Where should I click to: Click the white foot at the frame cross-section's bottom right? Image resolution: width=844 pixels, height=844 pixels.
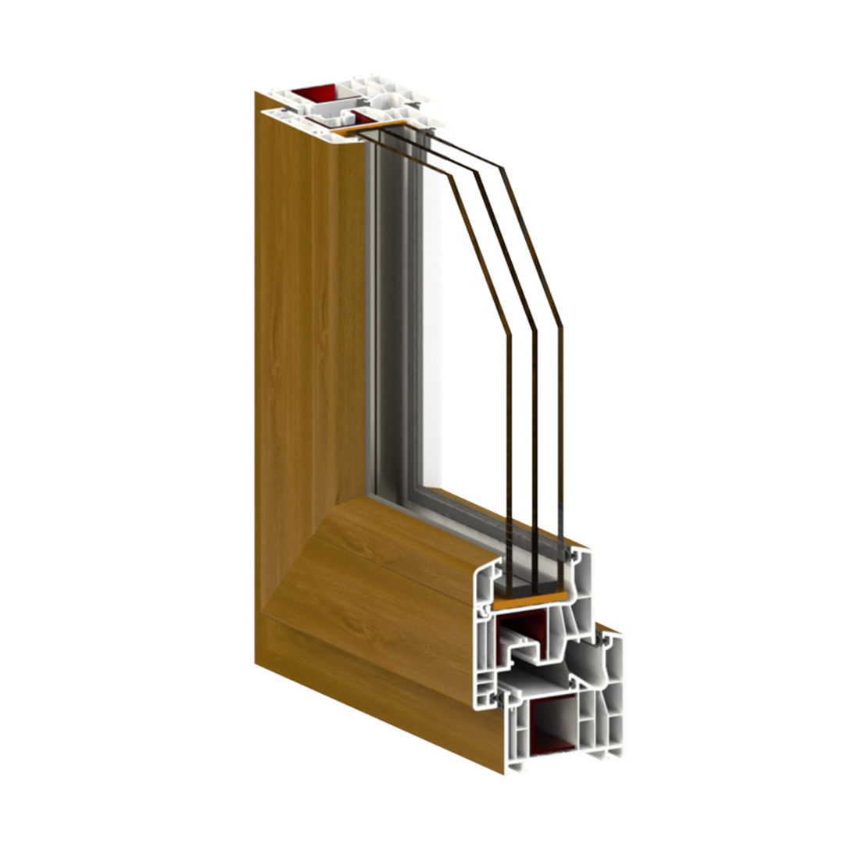point(610,750)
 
